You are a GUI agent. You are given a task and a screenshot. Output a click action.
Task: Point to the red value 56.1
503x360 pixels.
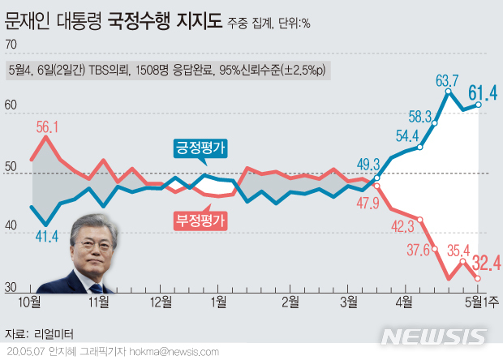(x=48, y=126)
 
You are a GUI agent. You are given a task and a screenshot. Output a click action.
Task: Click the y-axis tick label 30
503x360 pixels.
(x=11, y=286)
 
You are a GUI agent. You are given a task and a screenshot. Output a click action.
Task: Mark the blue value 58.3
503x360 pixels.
(x=420, y=116)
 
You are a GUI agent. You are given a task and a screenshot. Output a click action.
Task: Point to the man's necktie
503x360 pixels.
(x=88, y=283)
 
